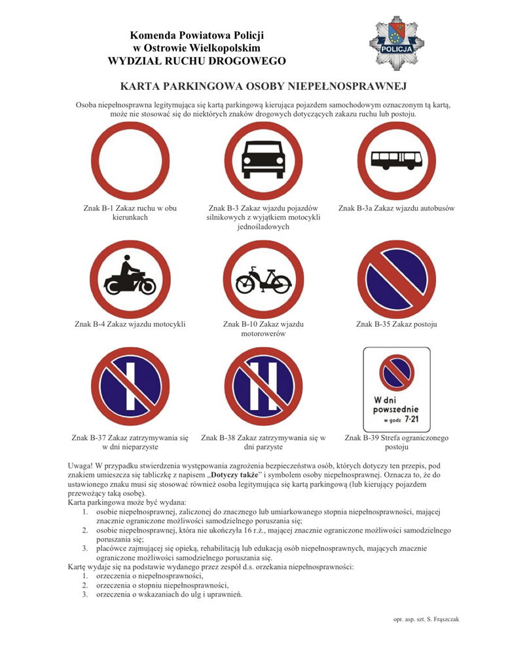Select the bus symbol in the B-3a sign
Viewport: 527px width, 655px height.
[397, 160]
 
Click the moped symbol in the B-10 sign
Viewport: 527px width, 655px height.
[263, 280]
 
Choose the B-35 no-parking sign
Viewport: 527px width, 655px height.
[397, 279]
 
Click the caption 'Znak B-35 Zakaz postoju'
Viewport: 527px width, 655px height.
[397, 324]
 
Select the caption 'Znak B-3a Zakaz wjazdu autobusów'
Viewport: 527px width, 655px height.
[397, 208]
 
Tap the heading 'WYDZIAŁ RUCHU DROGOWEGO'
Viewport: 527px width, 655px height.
[197, 62]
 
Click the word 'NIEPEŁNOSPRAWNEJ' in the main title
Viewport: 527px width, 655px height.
[352, 86]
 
